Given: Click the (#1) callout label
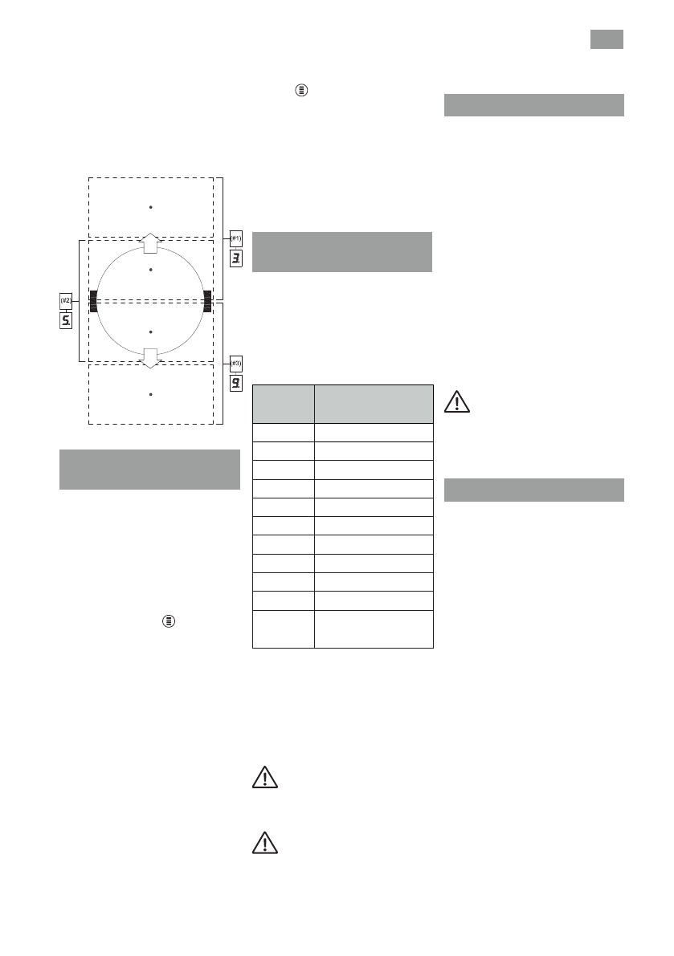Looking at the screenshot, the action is coord(235,238).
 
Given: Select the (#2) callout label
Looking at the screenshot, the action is coord(66,300).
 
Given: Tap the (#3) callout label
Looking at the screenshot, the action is coord(235,364).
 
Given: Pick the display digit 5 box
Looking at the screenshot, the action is coord(66,321).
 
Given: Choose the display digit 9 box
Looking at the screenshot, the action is coord(235,384).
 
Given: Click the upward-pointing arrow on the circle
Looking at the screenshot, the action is coord(150,242).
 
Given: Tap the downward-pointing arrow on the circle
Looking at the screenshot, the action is coord(150,359).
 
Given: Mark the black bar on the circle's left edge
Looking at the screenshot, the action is coord(93,301).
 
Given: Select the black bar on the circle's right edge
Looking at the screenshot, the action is coord(207,301).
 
